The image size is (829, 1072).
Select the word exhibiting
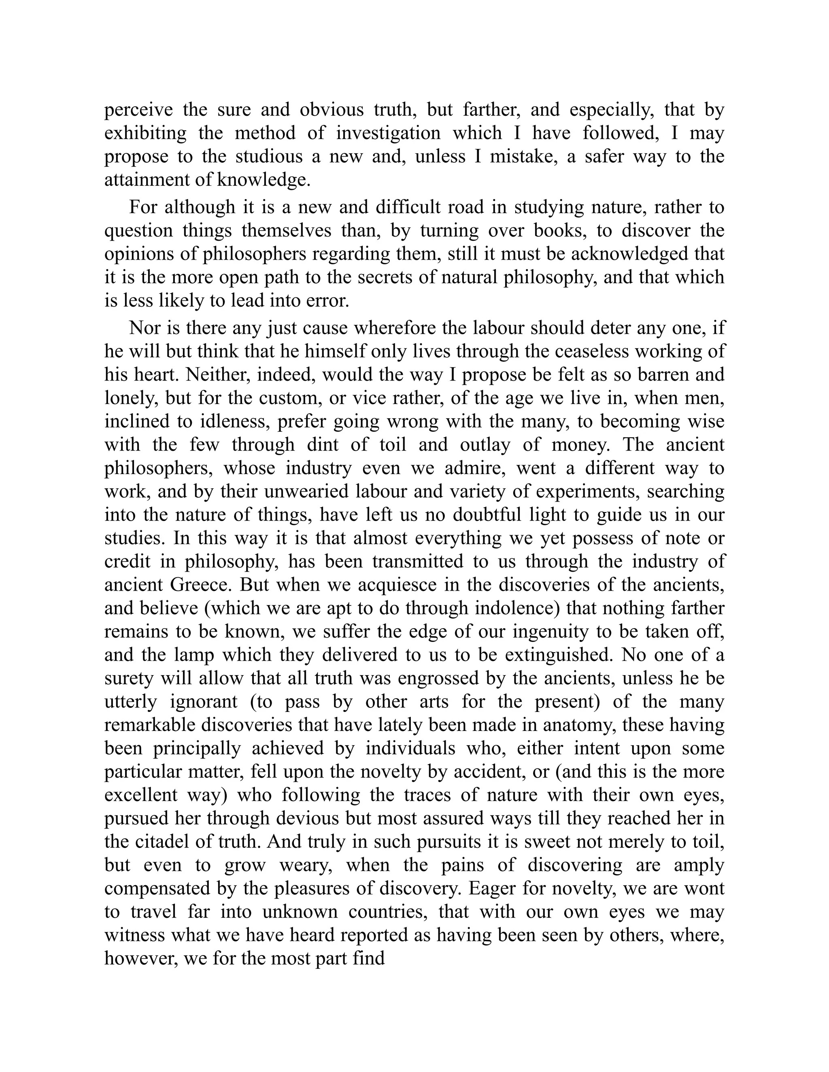145,133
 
